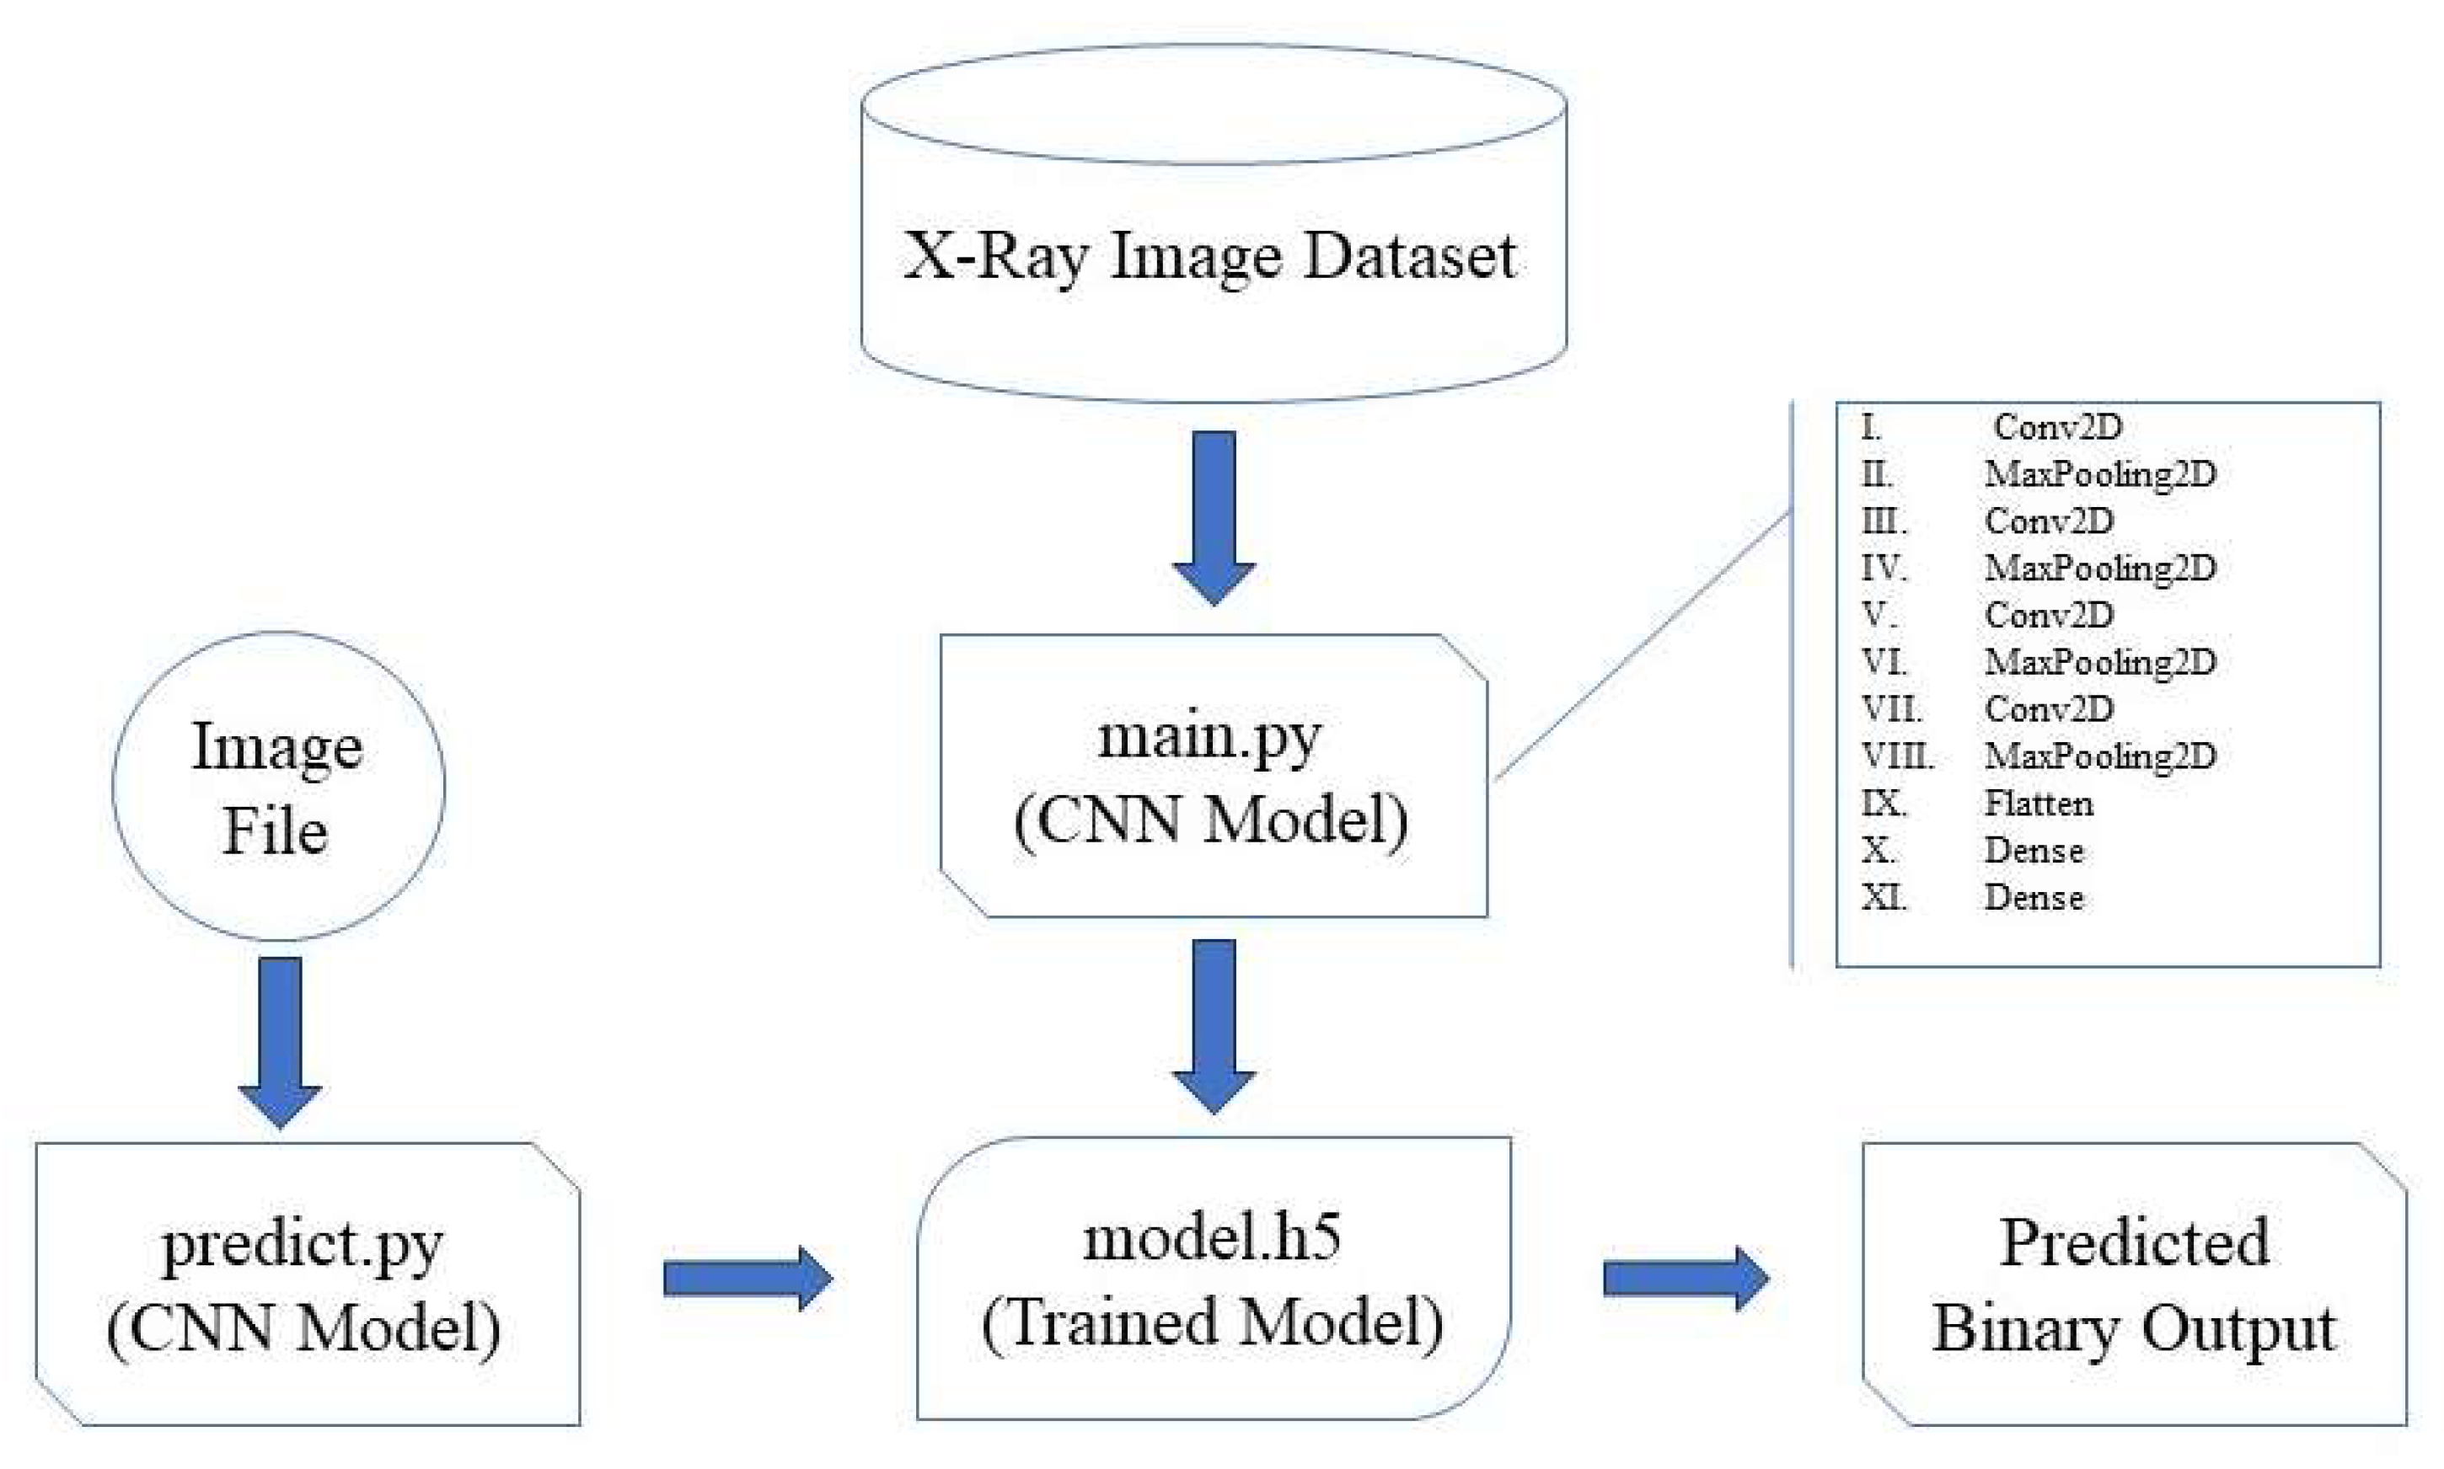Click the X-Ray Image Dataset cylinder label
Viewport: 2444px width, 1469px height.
click(1209, 256)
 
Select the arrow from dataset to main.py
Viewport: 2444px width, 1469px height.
click(1214, 515)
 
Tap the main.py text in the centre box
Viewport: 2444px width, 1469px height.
click(1209, 738)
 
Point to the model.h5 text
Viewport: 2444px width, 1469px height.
click(1212, 1238)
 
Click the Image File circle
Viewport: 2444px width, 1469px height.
click(278, 787)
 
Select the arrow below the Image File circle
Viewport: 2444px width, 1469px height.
click(281, 1039)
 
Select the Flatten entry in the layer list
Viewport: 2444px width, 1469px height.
click(2038, 803)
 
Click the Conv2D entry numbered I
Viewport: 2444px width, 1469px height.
click(2057, 427)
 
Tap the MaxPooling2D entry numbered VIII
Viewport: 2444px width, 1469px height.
click(2099, 756)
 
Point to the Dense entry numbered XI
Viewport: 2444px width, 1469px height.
click(2033, 897)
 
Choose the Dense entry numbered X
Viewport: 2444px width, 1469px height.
click(2033, 850)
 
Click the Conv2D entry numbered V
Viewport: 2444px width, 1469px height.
click(2048, 615)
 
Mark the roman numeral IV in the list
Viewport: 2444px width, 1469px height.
click(1883, 569)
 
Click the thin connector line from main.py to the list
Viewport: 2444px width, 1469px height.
click(1644, 645)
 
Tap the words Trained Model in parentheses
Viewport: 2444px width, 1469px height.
click(1212, 1323)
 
